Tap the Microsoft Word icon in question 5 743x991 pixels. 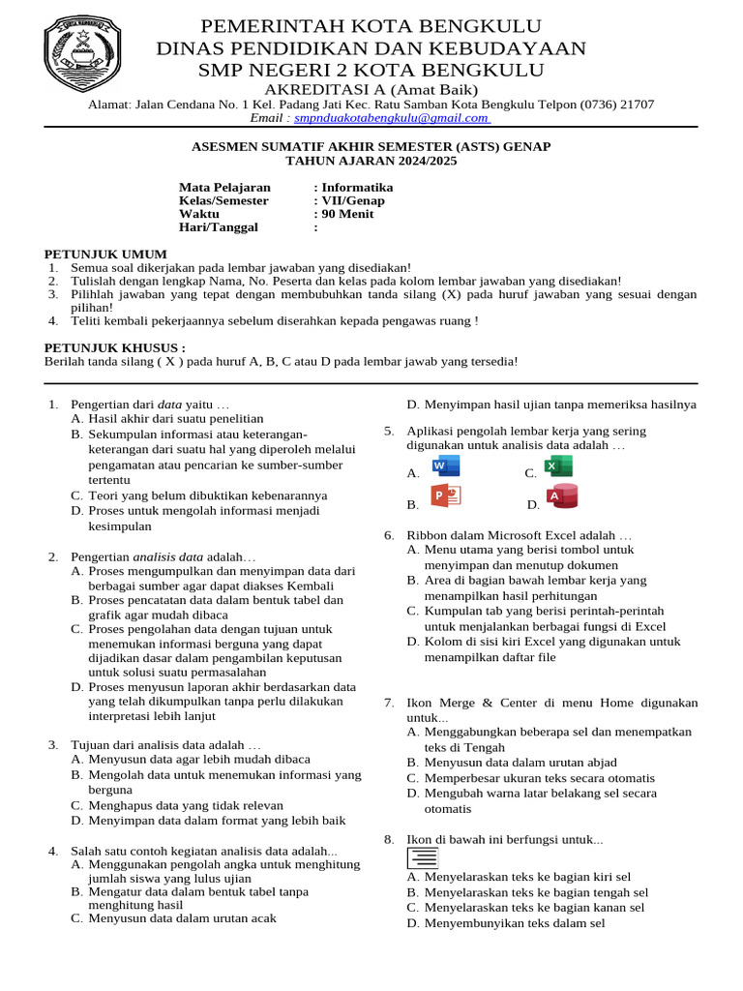[446, 466]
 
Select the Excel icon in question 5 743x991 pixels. [558, 466]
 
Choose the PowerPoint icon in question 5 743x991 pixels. [446, 496]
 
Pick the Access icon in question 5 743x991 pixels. [562, 496]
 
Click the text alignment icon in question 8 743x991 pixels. [423, 857]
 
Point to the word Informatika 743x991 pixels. [358, 188]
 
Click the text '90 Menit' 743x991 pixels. [347, 214]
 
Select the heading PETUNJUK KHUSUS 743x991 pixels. [115, 347]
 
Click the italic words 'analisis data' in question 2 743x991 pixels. [167, 557]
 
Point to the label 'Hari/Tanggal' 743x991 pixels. [219, 227]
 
